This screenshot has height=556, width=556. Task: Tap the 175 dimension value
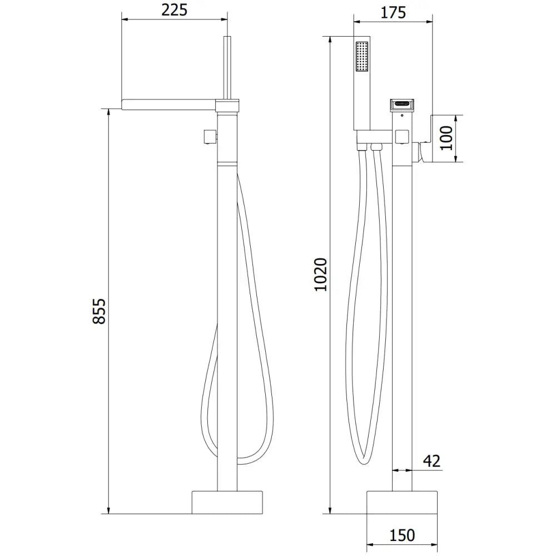point(394,12)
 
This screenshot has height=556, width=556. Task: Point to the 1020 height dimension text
point(321,274)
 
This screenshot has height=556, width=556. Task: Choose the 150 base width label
point(402,535)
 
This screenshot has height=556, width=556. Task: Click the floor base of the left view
point(227,503)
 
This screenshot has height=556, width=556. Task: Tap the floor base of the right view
point(402,503)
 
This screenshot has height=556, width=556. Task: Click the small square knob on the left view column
point(209,136)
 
